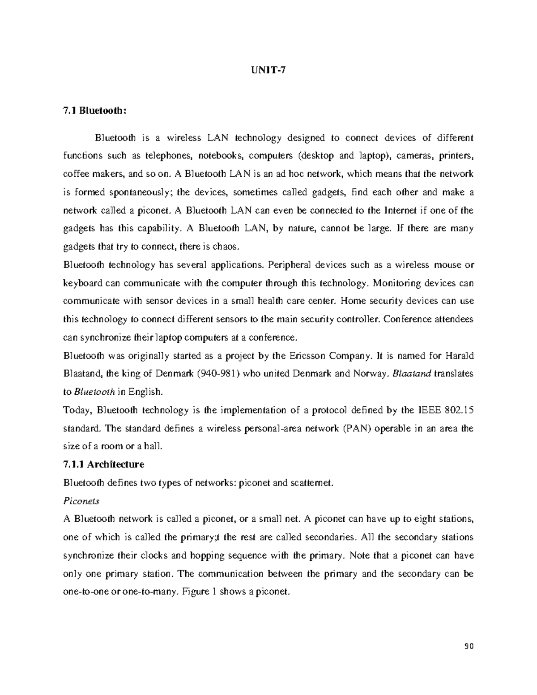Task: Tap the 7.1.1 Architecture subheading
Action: (104, 464)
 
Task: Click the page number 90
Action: (469, 646)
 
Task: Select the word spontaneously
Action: (136, 192)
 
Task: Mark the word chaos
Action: (231, 247)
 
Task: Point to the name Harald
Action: (459, 356)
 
